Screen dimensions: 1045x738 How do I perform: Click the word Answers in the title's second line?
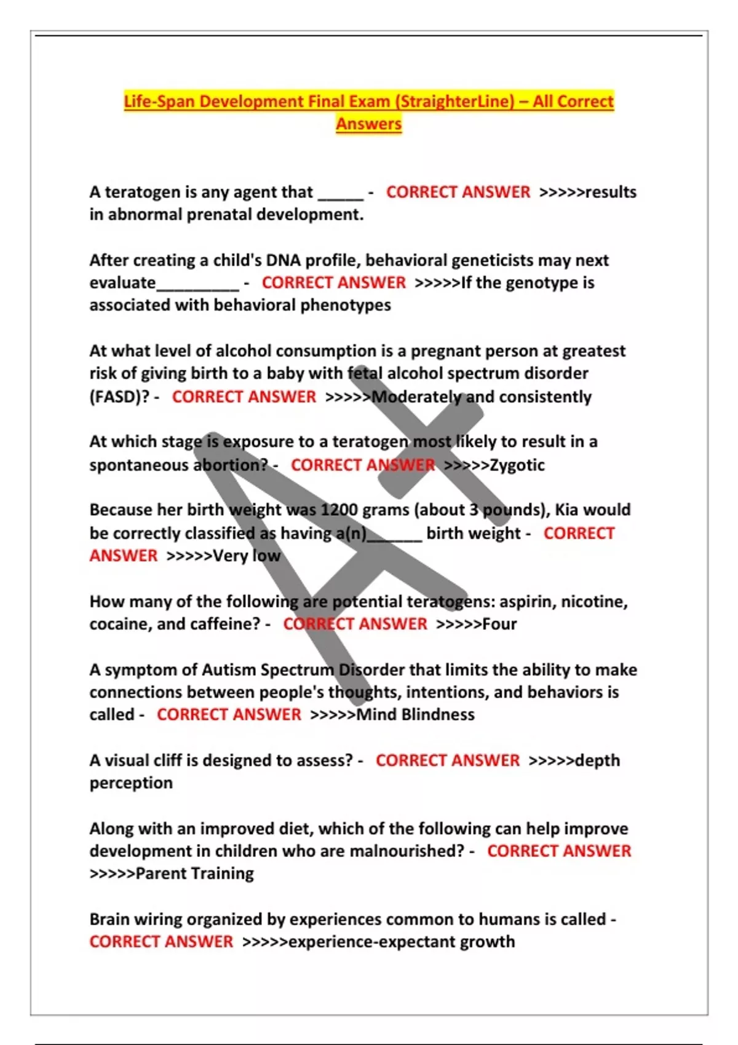(x=368, y=124)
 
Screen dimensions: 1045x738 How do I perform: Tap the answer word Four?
(x=499, y=625)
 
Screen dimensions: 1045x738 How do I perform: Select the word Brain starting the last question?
(x=109, y=920)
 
